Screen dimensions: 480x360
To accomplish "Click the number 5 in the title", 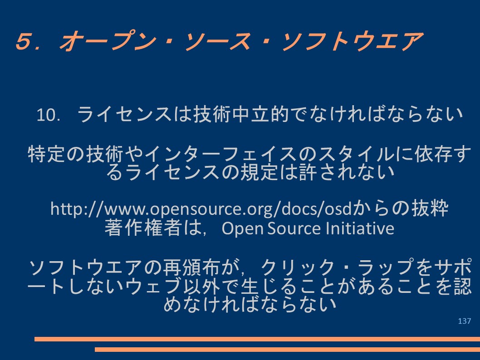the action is point(24,41).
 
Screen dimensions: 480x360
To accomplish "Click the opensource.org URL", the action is point(201,209).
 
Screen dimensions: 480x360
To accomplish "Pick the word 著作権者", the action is point(142,228).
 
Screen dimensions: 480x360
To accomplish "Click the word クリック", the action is point(297,268).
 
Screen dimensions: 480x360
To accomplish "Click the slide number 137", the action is point(465,321).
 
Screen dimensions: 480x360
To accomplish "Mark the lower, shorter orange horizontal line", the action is point(288,349).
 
